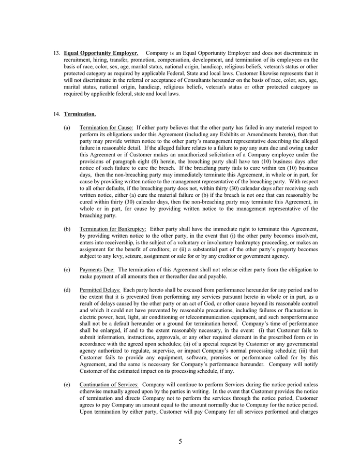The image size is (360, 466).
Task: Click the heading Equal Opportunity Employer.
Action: click(101, 53)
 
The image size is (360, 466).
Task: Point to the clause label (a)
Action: click(67, 127)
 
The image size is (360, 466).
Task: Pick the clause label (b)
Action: click(67, 228)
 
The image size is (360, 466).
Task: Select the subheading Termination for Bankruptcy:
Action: click(113, 228)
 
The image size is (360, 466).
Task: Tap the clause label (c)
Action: click(67, 270)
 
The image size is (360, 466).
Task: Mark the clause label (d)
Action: click(67, 290)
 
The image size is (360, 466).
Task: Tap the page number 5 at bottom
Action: click(180, 442)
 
